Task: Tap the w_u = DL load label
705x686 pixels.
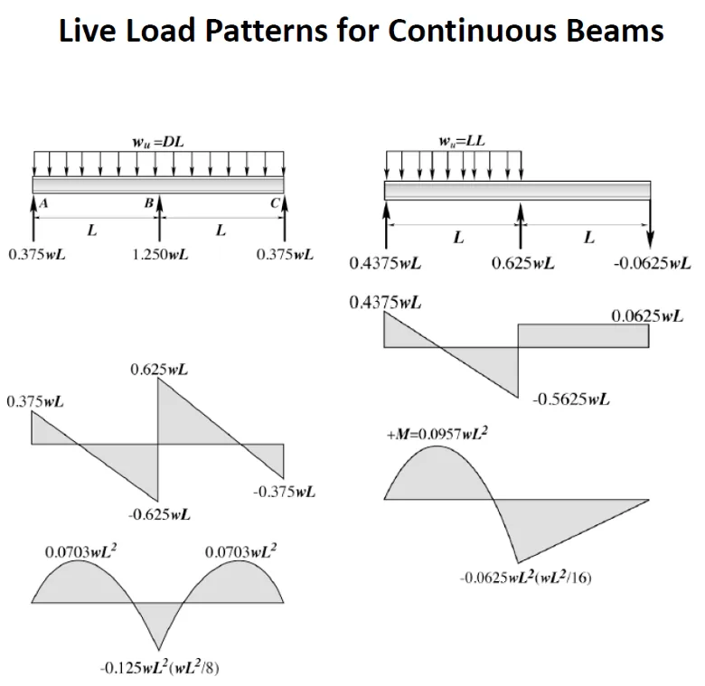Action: click(x=158, y=142)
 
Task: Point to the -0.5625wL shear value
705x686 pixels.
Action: click(x=571, y=399)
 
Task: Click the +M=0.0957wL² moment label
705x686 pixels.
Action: click(x=437, y=435)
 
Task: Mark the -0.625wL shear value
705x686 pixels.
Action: click(x=159, y=515)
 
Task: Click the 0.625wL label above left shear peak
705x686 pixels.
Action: click(x=160, y=370)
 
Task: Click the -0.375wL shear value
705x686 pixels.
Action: click(x=284, y=492)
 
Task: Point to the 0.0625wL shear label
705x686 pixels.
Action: click(x=647, y=316)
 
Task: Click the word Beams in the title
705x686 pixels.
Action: click(x=620, y=31)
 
